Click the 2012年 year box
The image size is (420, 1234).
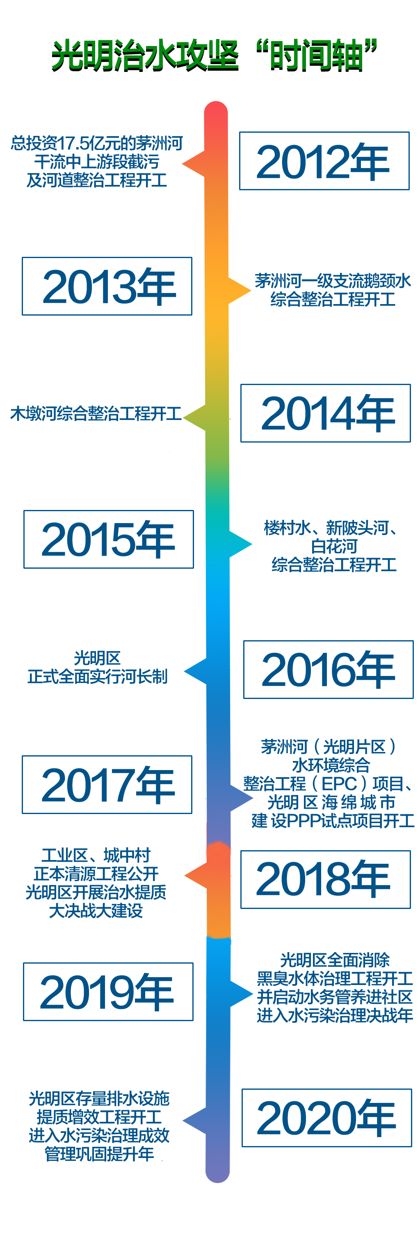(324, 161)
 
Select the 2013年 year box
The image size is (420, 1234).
(107, 286)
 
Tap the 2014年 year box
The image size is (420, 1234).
(325, 413)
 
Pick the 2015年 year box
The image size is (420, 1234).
(109, 540)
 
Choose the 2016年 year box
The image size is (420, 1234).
(328, 669)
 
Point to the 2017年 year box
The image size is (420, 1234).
(107, 785)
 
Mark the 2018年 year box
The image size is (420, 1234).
(325, 879)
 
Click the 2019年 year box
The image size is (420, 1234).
(108, 992)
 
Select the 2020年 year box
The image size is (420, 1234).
(327, 1118)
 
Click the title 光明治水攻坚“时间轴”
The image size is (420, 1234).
(214, 55)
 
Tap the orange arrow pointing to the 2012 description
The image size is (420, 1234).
(194, 164)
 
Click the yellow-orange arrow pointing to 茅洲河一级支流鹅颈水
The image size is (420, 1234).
(240, 290)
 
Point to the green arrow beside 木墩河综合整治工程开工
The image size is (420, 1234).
(195, 418)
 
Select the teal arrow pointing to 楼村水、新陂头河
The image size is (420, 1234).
(241, 544)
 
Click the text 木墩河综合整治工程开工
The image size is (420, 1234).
(96, 413)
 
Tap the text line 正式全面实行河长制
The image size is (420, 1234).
(98, 676)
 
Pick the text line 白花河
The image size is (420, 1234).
(334, 546)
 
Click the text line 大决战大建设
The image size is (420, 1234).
(96, 910)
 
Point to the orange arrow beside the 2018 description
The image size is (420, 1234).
(196, 876)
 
